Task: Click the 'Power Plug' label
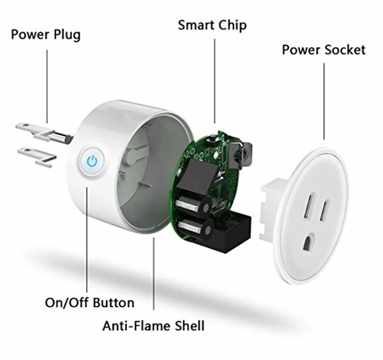(46, 35)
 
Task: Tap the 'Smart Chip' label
(212, 26)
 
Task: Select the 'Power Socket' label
(324, 50)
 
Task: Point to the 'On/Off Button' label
(90, 302)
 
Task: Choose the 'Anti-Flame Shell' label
(153, 326)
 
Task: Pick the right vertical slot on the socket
(325, 210)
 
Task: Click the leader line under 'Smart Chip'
(214, 81)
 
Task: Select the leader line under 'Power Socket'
(324, 102)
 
